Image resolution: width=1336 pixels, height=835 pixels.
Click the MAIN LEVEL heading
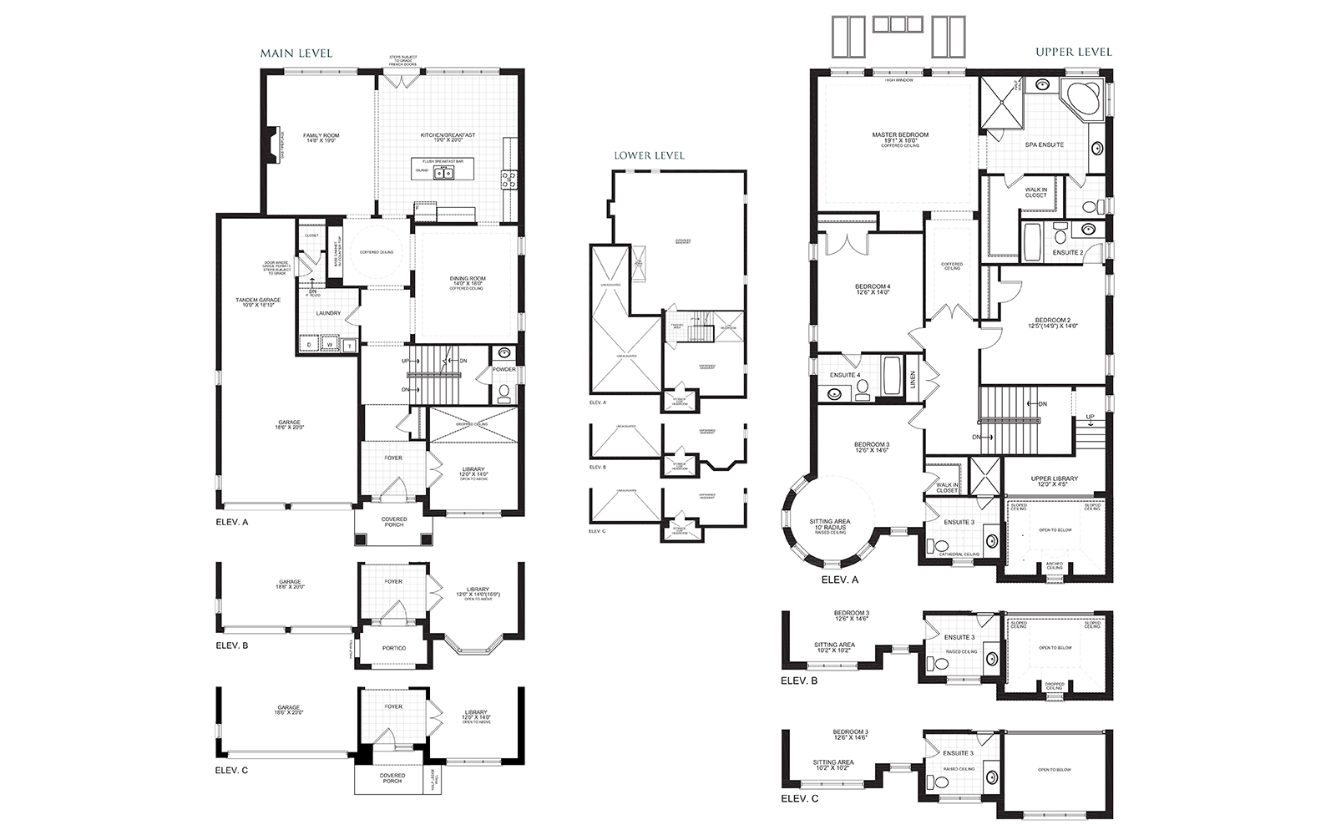296,53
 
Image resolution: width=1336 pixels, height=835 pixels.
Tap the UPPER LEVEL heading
1074,52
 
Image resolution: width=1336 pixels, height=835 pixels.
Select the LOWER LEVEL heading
649,155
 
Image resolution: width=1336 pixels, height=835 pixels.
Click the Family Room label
321,135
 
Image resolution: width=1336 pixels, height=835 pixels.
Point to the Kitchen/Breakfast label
448,135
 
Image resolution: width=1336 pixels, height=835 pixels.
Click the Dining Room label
467,280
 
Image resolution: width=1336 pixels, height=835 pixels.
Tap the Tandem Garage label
257,300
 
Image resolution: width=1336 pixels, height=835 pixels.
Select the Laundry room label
328,314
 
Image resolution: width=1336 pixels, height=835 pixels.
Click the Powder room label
504,370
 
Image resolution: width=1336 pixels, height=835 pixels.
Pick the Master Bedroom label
899,134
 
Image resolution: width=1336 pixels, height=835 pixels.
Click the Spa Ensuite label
1044,144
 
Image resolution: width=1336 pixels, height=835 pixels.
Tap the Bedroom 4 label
873,286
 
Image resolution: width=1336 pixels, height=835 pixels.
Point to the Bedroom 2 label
1052,320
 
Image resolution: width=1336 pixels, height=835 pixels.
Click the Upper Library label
1054,479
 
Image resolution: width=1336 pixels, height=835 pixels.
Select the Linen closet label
913,380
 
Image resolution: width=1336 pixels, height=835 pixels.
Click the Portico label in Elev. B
393,649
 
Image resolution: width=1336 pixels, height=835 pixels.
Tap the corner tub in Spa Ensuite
1083,102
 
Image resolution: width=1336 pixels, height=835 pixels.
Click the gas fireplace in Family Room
271,143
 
